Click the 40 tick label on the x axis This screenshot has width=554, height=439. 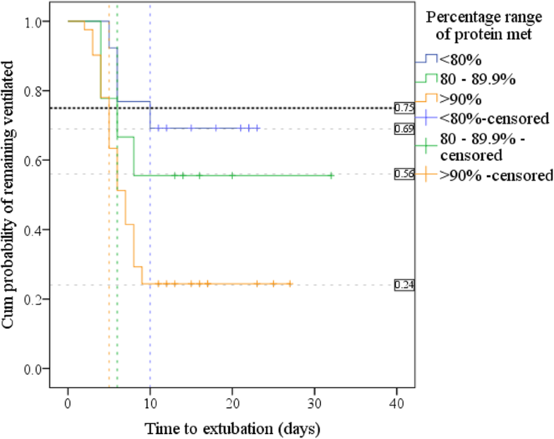(397, 402)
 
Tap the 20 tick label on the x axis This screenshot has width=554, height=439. (232, 402)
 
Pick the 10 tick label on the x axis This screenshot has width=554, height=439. (150, 402)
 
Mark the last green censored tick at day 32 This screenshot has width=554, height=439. (331, 175)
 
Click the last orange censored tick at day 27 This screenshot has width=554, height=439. (289, 284)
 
